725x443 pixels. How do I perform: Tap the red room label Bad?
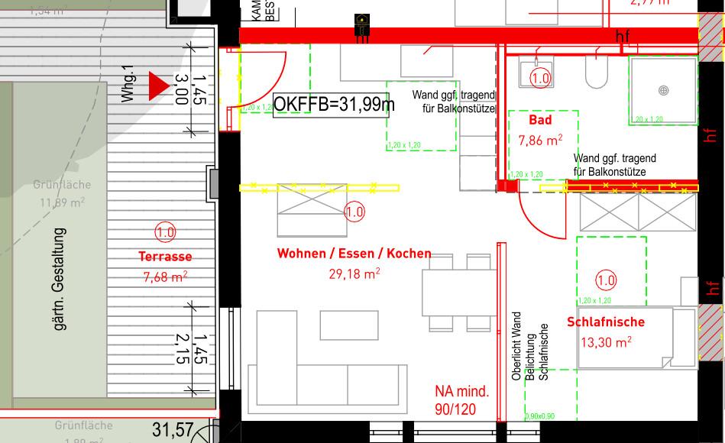pyautogui.click(x=540, y=121)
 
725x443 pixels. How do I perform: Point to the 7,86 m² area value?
pyautogui.click(x=540, y=140)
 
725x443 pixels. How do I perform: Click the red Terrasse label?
pyautogui.click(x=165, y=257)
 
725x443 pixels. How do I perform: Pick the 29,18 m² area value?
pyautogui.click(x=354, y=273)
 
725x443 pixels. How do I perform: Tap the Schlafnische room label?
pyautogui.click(x=606, y=322)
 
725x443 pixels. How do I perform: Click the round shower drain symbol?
pyautogui.click(x=664, y=90)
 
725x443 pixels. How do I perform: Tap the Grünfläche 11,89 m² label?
pyautogui.click(x=62, y=194)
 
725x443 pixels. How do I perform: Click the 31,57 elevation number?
pyautogui.click(x=173, y=430)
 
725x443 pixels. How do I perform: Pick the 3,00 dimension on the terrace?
pyautogui.click(x=181, y=89)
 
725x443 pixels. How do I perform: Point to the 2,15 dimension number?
pyautogui.click(x=181, y=348)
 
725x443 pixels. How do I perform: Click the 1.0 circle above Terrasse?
pyautogui.click(x=165, y=232)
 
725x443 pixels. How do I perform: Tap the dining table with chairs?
pyautogui.click(x=457, y=293)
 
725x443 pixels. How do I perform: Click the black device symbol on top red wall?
pyautogui.click(x=361, y=26)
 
